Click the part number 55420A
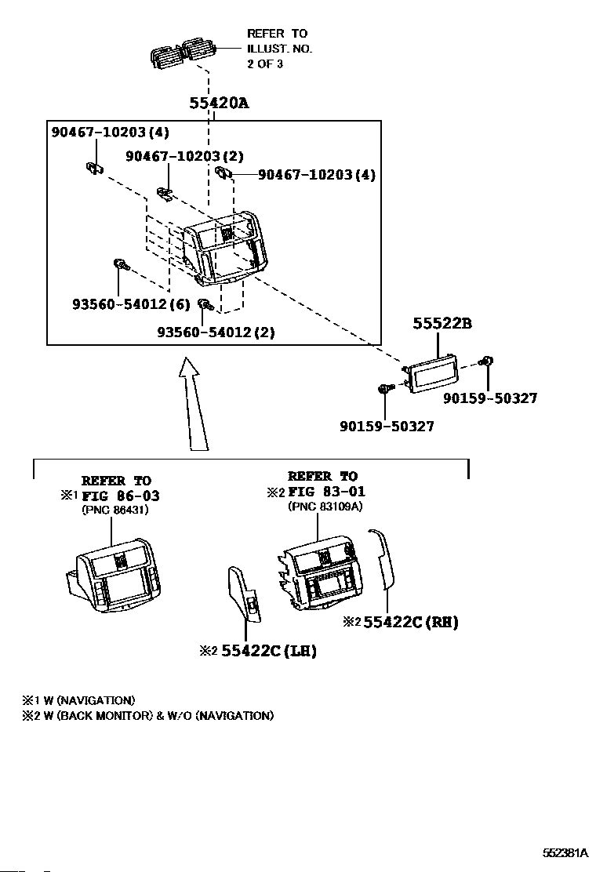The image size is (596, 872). pos(218,104)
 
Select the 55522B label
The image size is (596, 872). pos(443,323)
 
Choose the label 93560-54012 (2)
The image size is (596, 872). pos(216,332)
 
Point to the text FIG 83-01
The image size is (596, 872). pos(327,492)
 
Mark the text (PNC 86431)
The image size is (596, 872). pos(115,510)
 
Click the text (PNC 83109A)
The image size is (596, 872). pos(325,506)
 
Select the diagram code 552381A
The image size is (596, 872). pos(565,852)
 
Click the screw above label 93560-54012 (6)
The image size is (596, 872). pos(120,265)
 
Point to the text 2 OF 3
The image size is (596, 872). pos(265,64)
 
